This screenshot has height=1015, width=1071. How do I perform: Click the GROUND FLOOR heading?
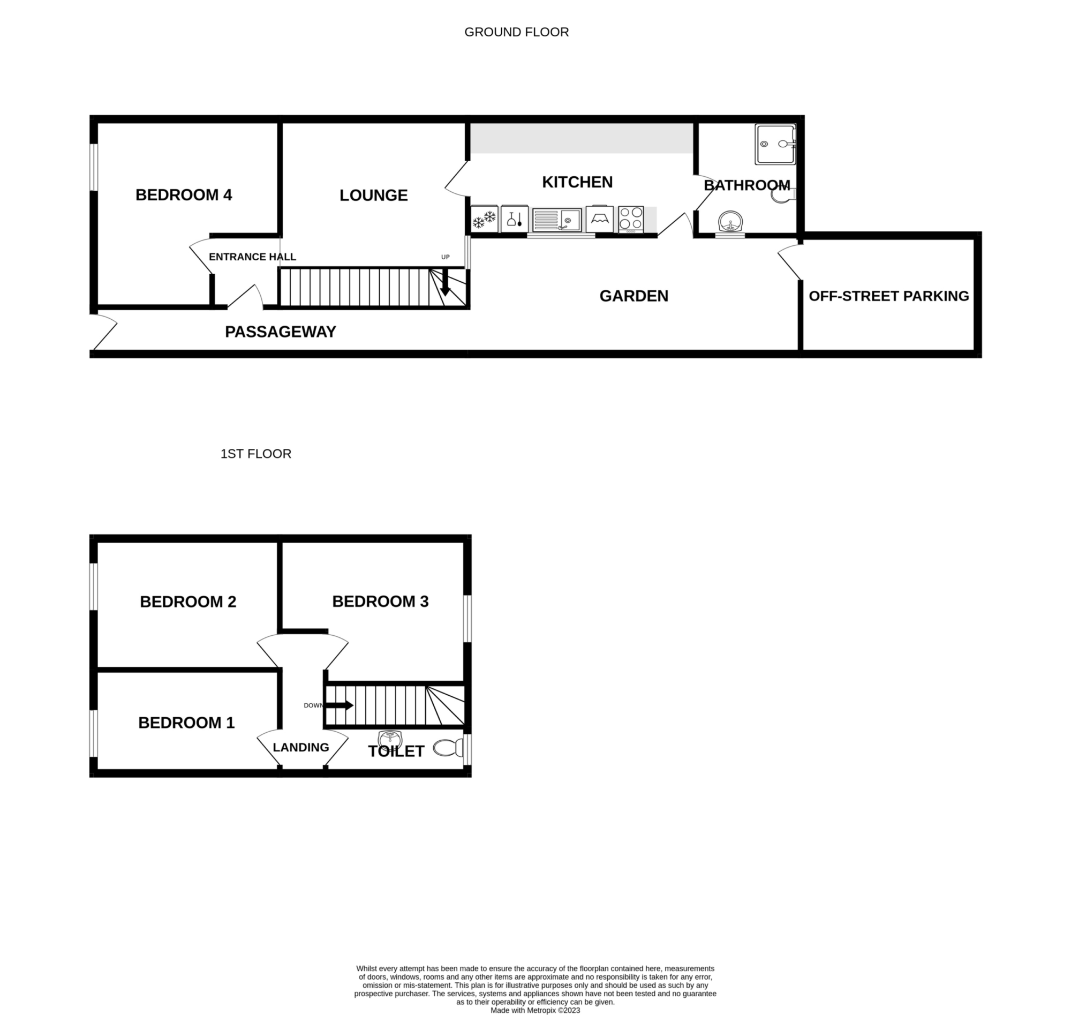[517, 33]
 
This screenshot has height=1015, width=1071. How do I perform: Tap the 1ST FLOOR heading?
[256, 454]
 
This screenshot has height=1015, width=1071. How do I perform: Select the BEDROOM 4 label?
[184, 195]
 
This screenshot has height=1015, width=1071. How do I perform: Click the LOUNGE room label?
[374, 196]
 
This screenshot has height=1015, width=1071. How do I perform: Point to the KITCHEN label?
[577, 182]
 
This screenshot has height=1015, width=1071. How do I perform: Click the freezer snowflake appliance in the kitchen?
[485, 219]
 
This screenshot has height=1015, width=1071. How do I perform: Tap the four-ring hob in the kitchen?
[631, 219]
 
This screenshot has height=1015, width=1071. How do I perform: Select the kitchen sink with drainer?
[556, 220]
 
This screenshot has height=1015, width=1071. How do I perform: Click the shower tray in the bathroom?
[775, 144]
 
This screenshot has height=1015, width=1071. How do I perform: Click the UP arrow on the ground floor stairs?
[445, 282]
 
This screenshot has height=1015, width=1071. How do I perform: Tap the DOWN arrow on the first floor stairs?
[338, 705]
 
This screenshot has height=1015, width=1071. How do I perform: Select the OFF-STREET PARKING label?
[889, 296]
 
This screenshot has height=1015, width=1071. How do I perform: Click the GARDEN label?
[634, 296]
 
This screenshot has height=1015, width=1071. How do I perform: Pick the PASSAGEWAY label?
[281, 332]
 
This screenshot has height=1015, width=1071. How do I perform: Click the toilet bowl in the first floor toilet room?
[448, 748]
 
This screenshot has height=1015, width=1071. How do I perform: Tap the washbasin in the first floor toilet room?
[389, 738]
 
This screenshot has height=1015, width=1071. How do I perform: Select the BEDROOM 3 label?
[380, 602]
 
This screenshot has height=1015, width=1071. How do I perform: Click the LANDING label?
[301, 748]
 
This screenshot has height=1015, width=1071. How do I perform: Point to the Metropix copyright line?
[535, 1010]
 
